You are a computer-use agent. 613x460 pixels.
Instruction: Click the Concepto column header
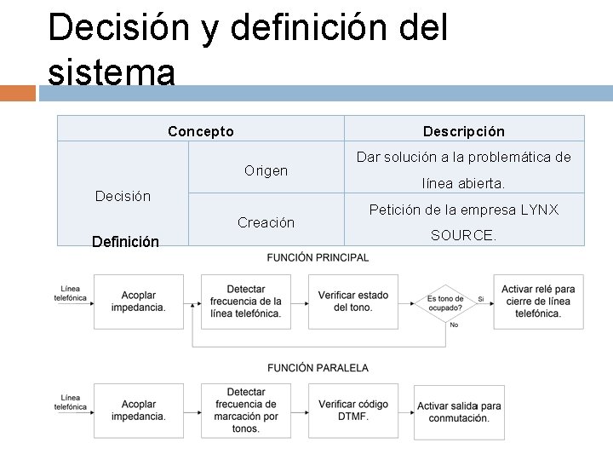(201, 131)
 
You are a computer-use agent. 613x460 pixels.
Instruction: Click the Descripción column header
(464, 131)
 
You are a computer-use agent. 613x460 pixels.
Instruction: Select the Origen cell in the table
(266, 170)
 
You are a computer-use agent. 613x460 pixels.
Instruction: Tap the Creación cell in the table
(266, 222)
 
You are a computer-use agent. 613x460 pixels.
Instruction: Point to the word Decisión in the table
(123, 196)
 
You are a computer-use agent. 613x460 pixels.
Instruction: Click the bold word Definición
(125, 242)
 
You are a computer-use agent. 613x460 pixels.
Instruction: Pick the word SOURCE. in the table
(463, 235)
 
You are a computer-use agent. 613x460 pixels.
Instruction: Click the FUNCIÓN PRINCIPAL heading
(318, 257)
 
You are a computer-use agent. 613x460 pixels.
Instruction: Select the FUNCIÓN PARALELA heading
(318, 368)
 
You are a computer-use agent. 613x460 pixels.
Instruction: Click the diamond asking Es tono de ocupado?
(445, 301)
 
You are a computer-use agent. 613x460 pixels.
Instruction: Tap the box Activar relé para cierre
(538, 301)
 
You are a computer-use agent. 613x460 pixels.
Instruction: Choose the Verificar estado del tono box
(352, 301)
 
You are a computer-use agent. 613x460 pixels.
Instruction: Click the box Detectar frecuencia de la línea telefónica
(245, 301)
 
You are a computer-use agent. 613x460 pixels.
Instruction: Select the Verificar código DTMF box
(352, 411)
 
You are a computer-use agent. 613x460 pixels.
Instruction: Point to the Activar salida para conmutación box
(459, 412)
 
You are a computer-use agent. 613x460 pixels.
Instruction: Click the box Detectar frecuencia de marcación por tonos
(245, 411)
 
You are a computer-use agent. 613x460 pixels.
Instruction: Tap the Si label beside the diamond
(481, 299)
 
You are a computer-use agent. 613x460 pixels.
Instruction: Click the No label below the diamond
(454, 325)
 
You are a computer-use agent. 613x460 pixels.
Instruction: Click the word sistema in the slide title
(112, 72)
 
